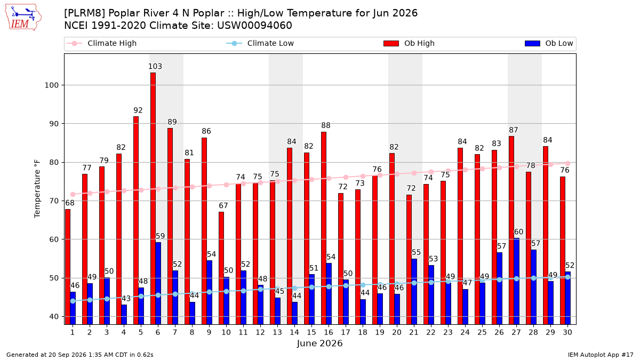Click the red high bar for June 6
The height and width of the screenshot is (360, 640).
tap(153, 198)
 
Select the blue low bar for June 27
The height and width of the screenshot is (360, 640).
tap(517, 282)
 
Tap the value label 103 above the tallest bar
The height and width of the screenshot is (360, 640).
tap(155, 66)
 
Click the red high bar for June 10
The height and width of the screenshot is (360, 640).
tap(221, 268)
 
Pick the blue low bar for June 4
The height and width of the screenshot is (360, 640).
tap(124, 315)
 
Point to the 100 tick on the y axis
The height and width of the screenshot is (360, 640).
tap(51, 85)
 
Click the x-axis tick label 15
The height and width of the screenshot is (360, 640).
tap(311, 332)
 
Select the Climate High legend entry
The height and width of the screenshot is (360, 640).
tap(102, 43)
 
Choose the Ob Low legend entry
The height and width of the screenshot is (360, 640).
tap(549, 43)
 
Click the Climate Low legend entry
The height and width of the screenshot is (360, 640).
tap(260, 43)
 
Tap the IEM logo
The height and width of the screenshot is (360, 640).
tap(23, 17)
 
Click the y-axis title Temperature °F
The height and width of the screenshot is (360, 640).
tap(37, 189)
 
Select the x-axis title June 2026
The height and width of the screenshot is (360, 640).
tap(319, 343)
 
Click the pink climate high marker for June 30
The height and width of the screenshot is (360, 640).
tap(567, 163)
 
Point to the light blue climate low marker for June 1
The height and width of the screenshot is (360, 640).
tap(73, 301)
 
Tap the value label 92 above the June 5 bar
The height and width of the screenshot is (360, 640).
tap(138, 110)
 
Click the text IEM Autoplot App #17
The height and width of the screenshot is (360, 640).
tap(601, 355)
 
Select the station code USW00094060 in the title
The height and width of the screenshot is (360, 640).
tap(254, 26)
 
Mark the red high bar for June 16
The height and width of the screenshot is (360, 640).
tap(324, 228)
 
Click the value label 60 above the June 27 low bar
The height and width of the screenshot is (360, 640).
tap(518, 231)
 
